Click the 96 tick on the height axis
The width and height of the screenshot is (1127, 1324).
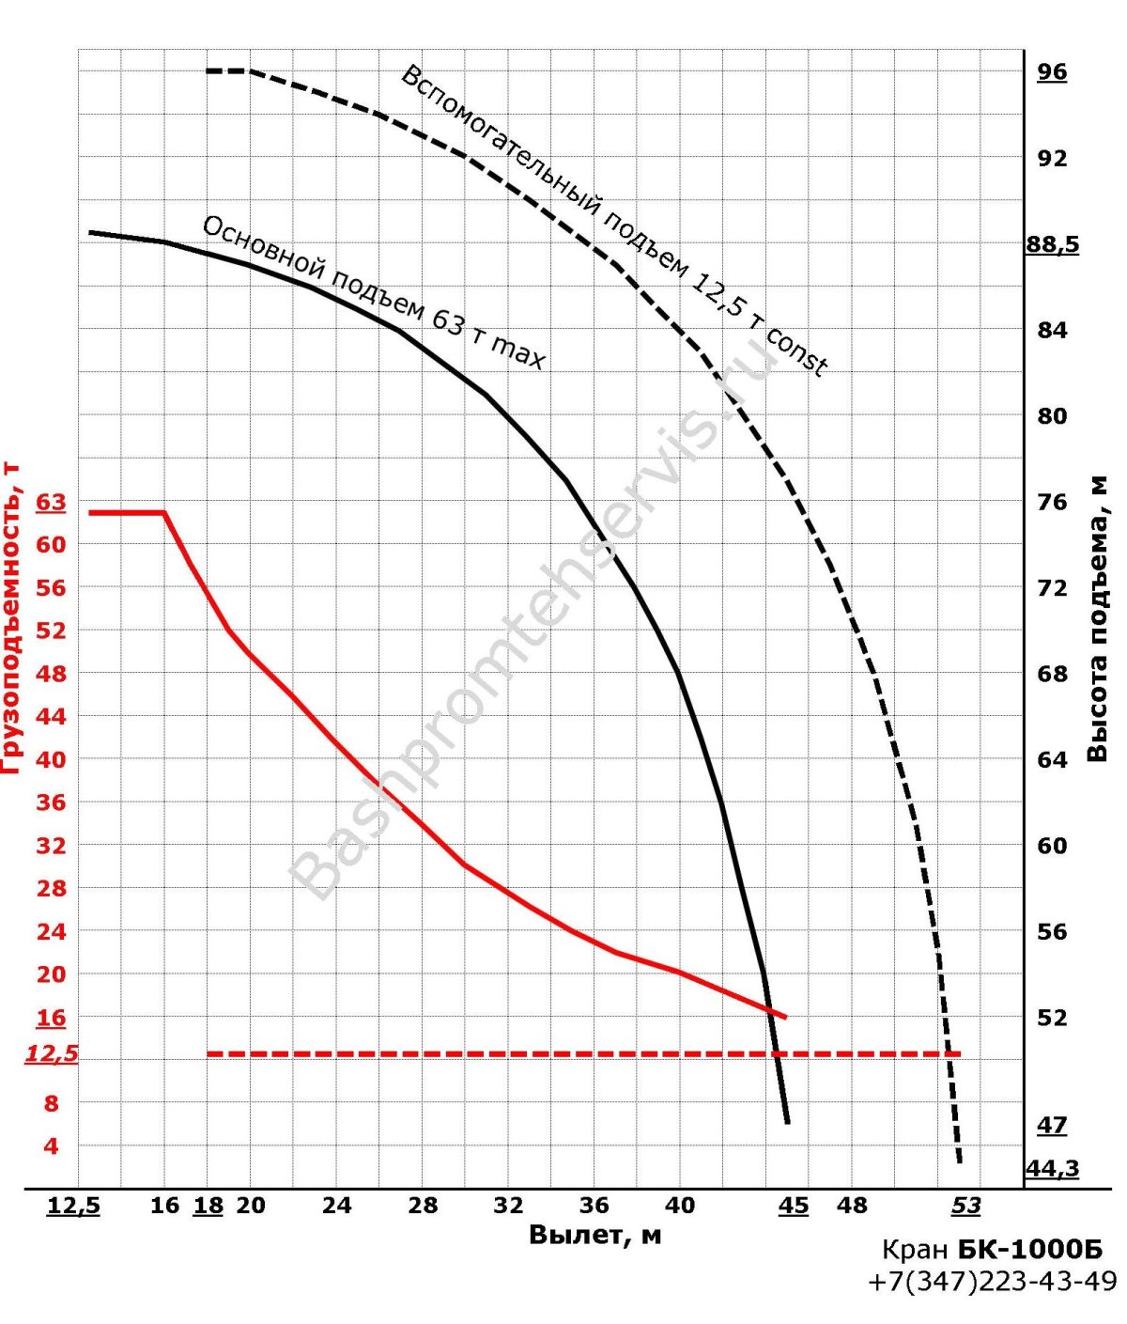coord(1052,72)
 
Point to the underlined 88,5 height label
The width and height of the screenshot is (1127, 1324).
coord(1052,245)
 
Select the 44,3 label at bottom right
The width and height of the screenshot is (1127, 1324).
coord(1052,1169)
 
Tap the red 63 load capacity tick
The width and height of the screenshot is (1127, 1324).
coord(52,503)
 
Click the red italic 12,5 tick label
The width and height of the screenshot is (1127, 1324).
coord(52,1054)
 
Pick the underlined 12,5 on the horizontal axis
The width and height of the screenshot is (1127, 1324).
coord(73,1206)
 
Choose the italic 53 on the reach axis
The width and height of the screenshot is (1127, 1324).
coord(966,1206)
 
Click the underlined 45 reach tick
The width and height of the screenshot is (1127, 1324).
coord(794,1206)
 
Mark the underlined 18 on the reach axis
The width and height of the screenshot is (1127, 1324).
coord(208,1206)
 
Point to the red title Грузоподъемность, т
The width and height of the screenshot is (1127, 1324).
coord(11,615)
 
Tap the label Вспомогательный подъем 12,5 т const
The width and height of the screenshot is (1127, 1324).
coord(614,221)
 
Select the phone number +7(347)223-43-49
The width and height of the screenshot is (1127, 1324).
coord(993,1283)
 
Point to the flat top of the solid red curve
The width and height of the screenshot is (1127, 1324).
coord(127,512)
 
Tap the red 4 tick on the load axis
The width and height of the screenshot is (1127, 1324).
coord(52,1146)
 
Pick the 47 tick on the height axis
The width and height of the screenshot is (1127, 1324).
coord(1052,1125)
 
